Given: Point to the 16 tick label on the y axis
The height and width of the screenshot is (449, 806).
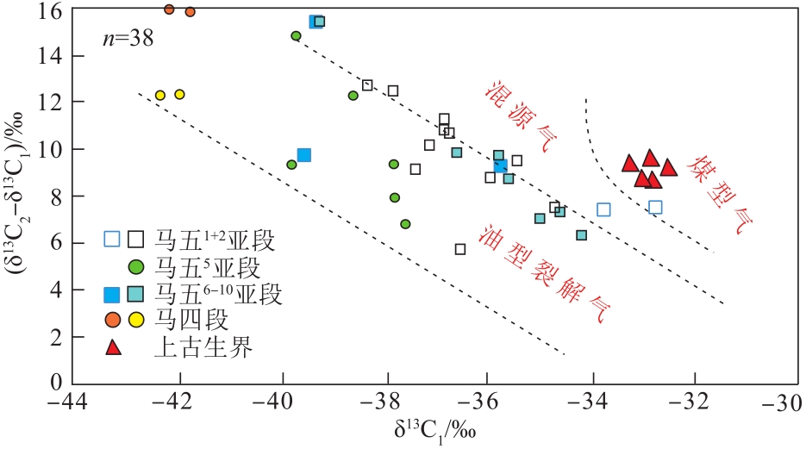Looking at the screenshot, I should pyautogui.click(x=49, y=10).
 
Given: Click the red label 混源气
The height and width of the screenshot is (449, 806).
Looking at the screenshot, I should pyautogui.click(x=520, y=117).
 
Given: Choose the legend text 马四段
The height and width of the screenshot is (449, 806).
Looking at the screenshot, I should pyautogui.click(x=191, y=320).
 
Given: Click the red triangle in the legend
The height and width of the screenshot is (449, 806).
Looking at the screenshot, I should pyautogui.click(x=112, y=347).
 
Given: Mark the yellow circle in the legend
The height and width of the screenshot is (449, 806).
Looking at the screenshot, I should pyautogui.click(x=136, y=321).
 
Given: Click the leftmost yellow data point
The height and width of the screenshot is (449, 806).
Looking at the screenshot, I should pyautogui.click(x=160, y=96).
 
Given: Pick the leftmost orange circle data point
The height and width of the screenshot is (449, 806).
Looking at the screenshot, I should pyautogui.click(x=169, y=9).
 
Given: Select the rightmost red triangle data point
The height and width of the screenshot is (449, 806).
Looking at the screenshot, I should pyautogui.click(x=668, y=167).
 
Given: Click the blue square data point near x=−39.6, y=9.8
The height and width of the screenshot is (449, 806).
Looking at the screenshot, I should pyautogui.click(x=303, y=155).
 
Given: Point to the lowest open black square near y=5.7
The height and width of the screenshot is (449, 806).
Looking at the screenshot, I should pyautogui.click(x=460, y=249).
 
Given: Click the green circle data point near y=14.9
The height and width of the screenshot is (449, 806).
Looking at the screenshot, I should pyautogui.click(x=296, y=36).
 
